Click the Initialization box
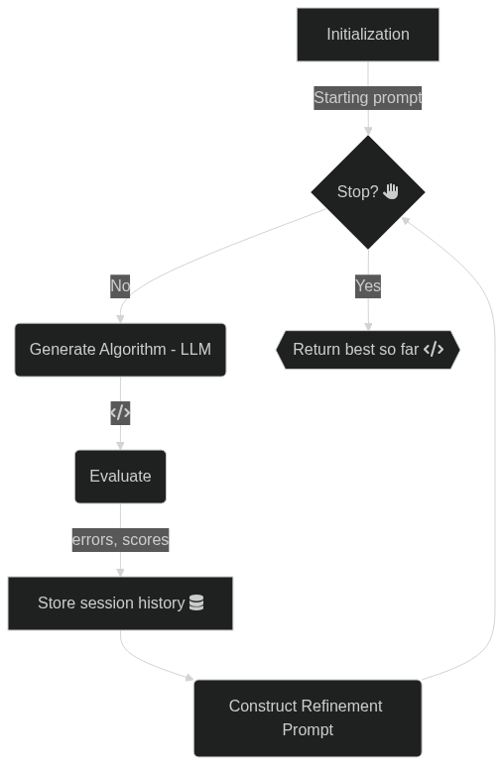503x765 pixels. pyautogui.click(x=368, y=35)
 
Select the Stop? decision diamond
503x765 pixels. pyautogui.click(x=368, y=192)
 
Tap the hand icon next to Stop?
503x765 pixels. pyautogui.click(x=391, y=191)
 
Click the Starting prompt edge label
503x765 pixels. pyautogui.click(x=368, y=97)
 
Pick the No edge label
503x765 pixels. pyautogui.click(x=120, y=286)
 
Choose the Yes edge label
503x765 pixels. pyautogui.click(x=368, y=286)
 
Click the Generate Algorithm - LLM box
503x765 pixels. pyautogui.click(x=120, y=350)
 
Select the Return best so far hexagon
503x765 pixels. pyautogui.click(x=368, y=350)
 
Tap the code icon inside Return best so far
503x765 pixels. pyautogui.click(x=434, y=350)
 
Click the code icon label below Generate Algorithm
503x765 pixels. pyautogui.click(x=120, y=413)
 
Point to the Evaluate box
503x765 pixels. pyautogui.click(x=120, y=477)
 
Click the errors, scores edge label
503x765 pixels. pyautogui.click(x=120, y=540)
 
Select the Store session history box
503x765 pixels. pyautogui.click(x=120, y=603)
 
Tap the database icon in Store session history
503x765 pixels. pyautogui.click(x=196, y=603)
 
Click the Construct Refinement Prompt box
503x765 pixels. pyautogui.click(x=308, y=718)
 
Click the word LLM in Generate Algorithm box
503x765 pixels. pyautogui.click(x=195, y=350)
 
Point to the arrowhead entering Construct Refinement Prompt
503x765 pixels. pyautogui.click(x=189, y=677)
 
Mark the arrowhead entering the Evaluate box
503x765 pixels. pyautogui.click(x=120, y=446)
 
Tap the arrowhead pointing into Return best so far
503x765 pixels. pyautogui.click(x=368, y=326)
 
